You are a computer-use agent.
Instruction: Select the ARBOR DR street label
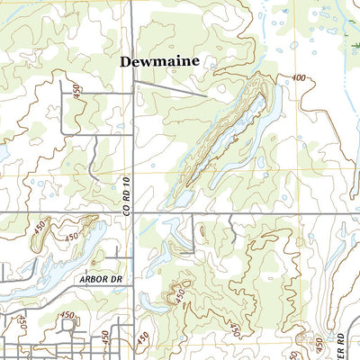(x=99, y=280)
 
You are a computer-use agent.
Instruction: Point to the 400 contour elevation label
(x=298, y=79)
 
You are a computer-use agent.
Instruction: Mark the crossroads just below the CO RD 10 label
(x=133, y=212)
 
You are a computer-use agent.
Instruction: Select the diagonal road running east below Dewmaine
(x=171, y=89)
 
